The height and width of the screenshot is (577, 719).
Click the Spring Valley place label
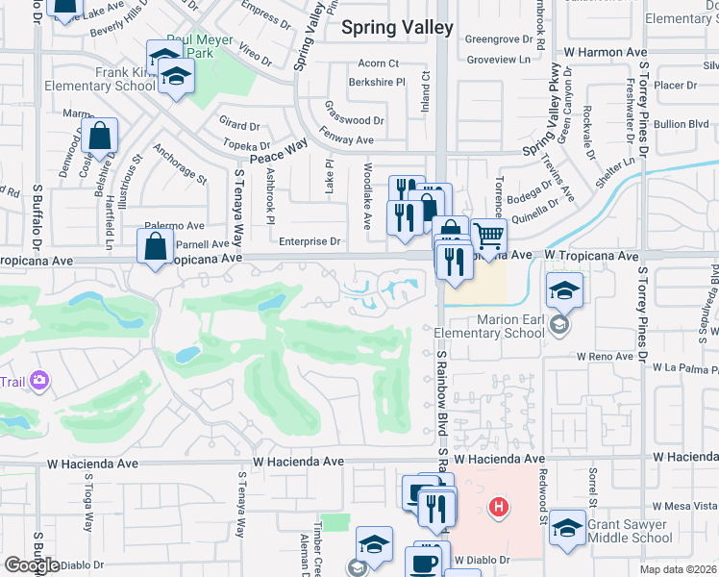397,28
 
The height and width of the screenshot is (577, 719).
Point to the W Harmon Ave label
605,50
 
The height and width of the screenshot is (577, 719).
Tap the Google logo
31,565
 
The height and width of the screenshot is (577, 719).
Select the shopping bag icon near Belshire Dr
100,137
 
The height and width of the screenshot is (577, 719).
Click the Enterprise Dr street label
310,242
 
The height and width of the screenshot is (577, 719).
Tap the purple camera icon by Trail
39,382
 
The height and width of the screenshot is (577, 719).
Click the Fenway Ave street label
346,140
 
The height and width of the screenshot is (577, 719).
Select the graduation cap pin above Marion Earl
564,289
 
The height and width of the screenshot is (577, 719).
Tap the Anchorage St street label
179,165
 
